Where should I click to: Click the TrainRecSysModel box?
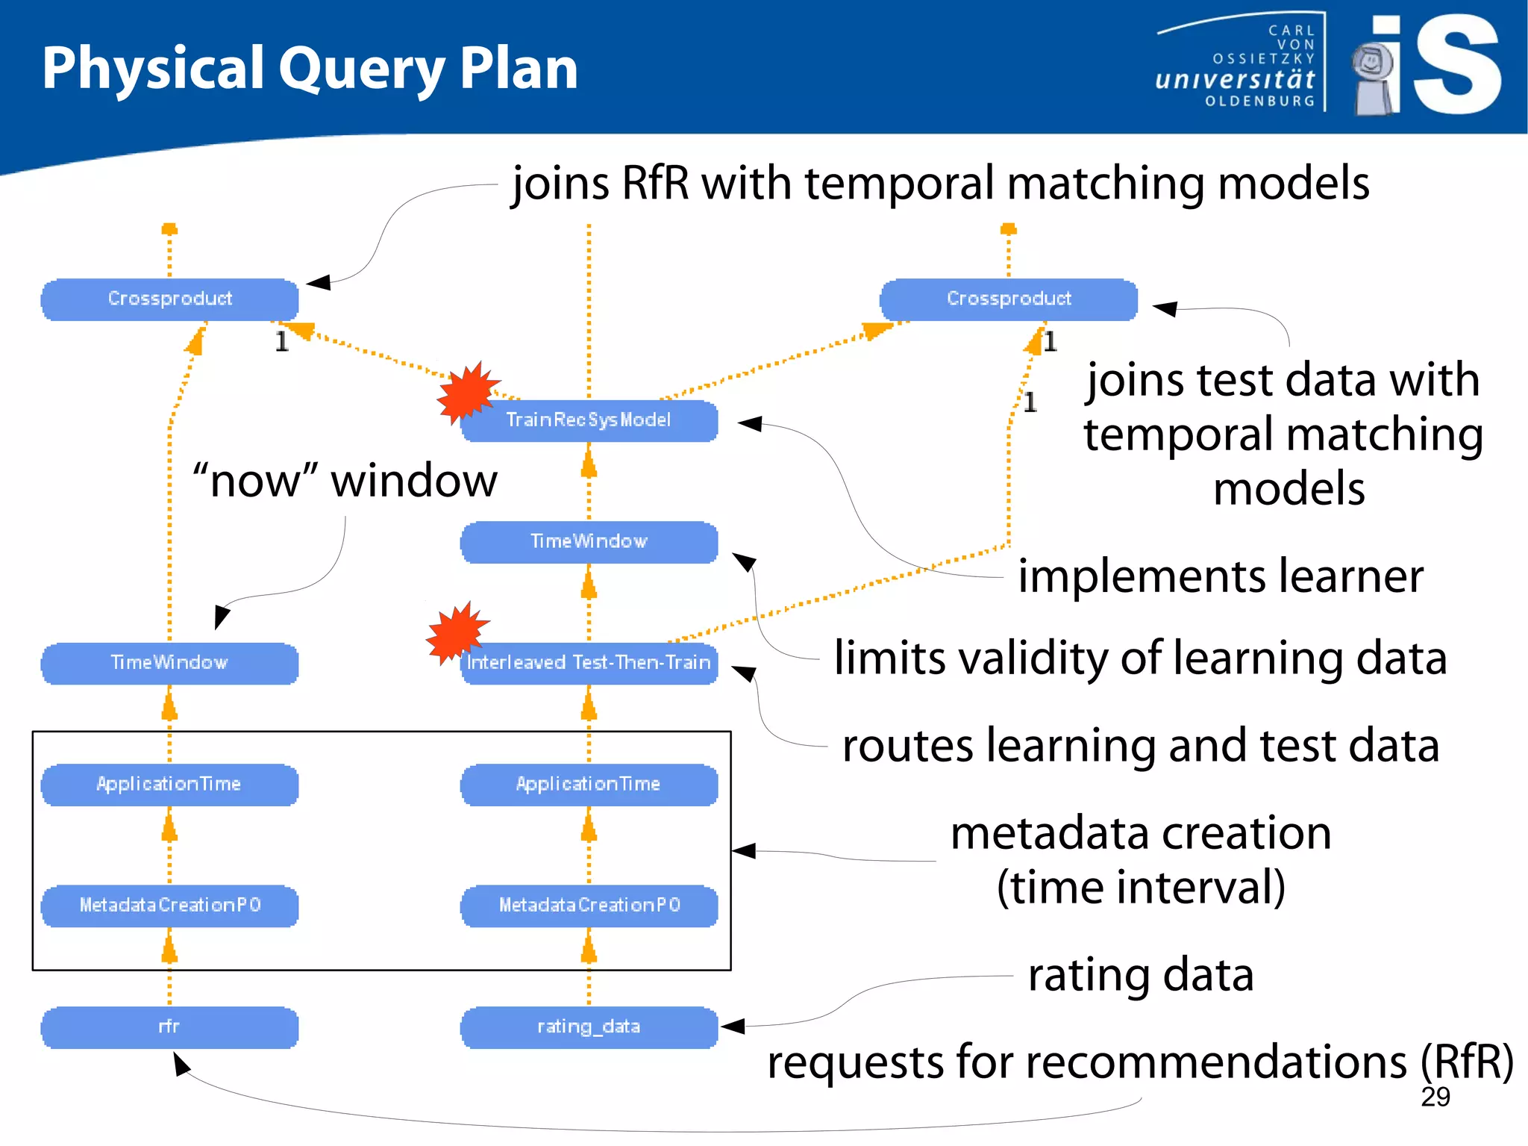pyautogui.click(x=589, y=420)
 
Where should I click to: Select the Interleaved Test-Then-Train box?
pyautogui.click(x=589, y=663)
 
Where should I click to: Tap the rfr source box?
pyautogui.click(x=169, y=1027)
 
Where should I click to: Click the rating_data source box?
pyautogui.click(x=589, y=1027)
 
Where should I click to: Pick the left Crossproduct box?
pyautogui.click(x=169, y=299)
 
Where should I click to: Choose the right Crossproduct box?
pyautogui.click(x=1009, y=299)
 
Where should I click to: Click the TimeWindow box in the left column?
pyautogui.click(x=169, y=663)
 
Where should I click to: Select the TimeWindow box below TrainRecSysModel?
pyautogui.click(x=589, y=542)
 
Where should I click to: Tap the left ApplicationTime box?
pyautogui.click(x=169, y=785)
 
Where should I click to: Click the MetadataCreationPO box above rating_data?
pyautogui.click(x=589, y=906)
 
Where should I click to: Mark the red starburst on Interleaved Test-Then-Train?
pyautogui.click(x=456, y=633)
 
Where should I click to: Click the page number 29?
pyautogui.click(x=1435, y=1097)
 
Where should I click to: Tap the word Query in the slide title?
pyautogui.click(x=361, y=69)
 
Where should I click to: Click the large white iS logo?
pyautogui.click(x=1455, y=66)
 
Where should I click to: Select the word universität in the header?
pyautogui.click(x=1235, y=79)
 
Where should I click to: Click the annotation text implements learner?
pyautogui.click(x=1221, y=576)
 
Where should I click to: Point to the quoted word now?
pyautogui.click(x=255, y=481)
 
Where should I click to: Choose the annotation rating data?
pyautogui.click(x=1140, y=975)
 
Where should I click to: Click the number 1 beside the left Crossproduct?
pyautogui.click(x=281, y=342)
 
